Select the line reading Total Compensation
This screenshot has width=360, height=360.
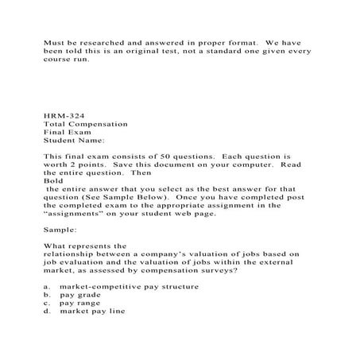(x=85, y=124)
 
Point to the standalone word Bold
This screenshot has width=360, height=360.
(x=52, y=180)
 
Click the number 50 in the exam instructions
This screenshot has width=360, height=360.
(x=157, y=156)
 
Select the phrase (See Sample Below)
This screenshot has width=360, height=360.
(x=129, y=195)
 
